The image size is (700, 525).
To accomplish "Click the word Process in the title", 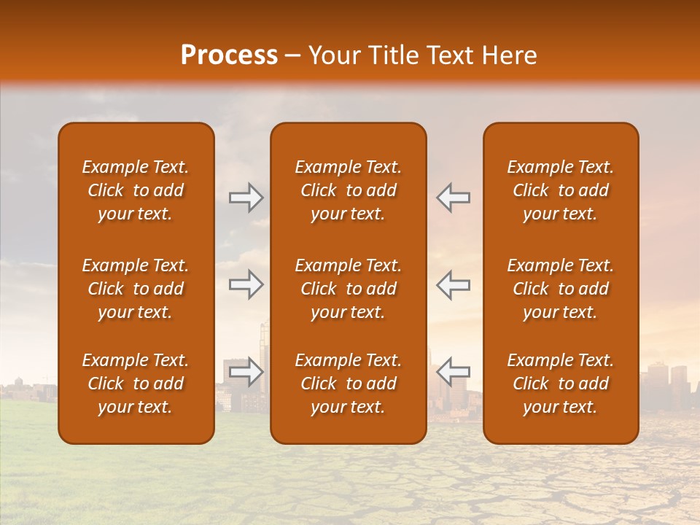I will click(x=229, y=55).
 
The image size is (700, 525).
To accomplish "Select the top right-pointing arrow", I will click(x=246, y=198).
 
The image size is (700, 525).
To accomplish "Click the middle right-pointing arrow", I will click(x=246, y=285).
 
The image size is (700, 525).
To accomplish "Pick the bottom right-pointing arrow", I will click(x=246, y=372).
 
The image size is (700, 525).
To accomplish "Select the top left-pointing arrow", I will click(x=454, y=198).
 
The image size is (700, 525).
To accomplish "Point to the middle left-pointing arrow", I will click(x=454, y=285).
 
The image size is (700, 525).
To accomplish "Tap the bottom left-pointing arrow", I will click(x=454, y=372).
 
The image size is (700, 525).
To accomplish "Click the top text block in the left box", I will click(x=136, y=190).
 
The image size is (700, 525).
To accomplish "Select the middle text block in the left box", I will click(x=136, y=289).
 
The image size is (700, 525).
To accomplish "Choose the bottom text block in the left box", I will click(x=136, y=384).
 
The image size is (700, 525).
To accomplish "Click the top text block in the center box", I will click(x=348, y=190).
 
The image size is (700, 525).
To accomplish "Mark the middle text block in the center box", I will click(x=348, y=289).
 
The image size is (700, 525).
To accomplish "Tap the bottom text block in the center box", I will click(x=348, y=384).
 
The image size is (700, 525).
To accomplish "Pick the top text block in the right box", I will click(x=560, y=190).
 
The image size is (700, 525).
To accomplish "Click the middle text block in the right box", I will click(x=560, y=289).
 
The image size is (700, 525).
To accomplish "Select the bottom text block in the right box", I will click(x=560, y=384).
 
